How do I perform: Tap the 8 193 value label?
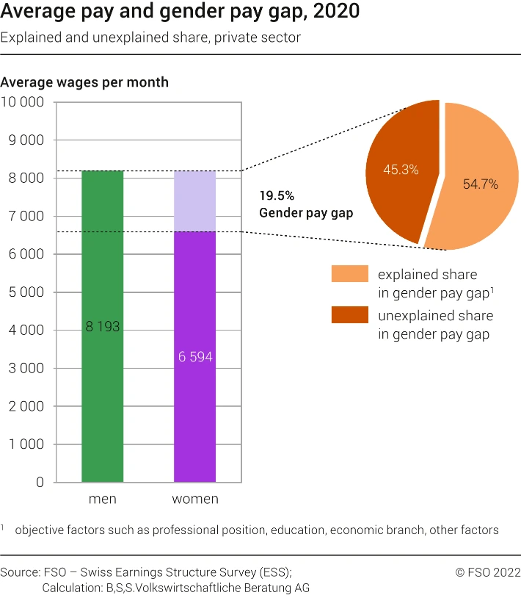point(102,328)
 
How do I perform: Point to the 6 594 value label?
point(194,357)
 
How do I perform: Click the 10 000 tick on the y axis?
point(23,102)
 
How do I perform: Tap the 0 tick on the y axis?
point(40,483)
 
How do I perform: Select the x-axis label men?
point(102,500)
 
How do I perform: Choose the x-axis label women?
point(194,500)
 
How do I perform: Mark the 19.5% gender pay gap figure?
point(277,196)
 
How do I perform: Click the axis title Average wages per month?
point(84,82)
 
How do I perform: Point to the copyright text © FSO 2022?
point(487,571)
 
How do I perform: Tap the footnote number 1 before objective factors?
point(3,527)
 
